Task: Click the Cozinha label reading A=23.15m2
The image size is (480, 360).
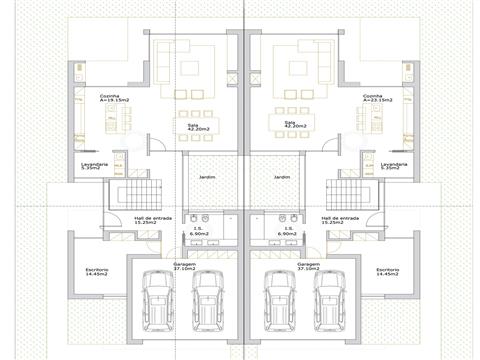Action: [379, 98]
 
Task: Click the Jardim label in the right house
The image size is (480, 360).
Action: [281, 176]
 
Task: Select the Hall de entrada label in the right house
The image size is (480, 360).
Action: [341, 219]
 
